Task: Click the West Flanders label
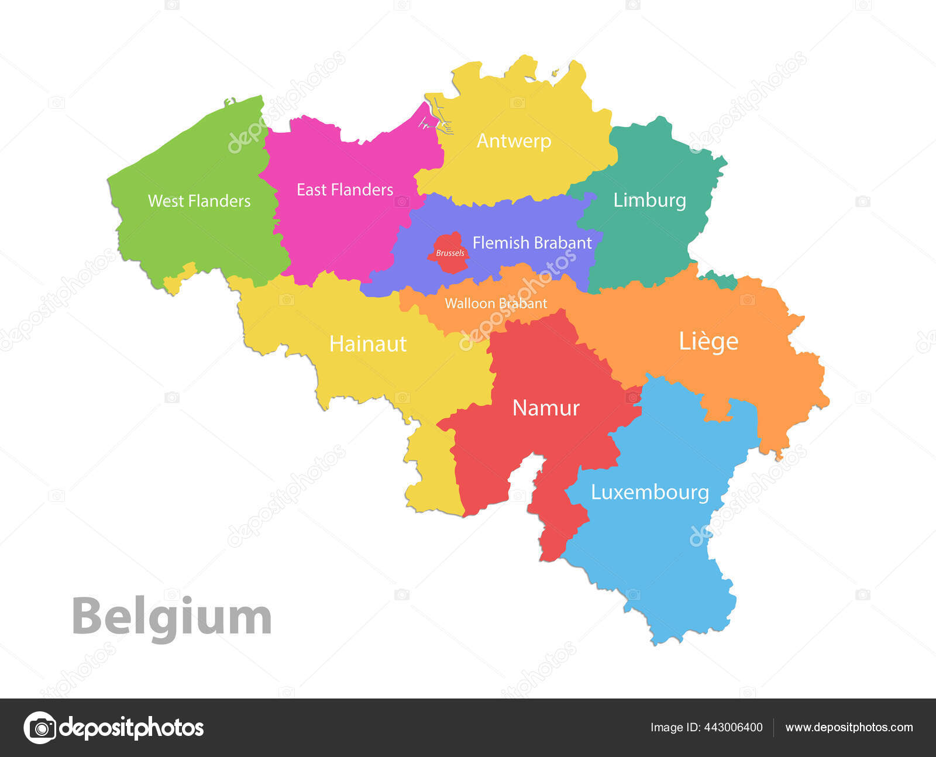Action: pos(199,201)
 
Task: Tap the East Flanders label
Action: pos(345,190)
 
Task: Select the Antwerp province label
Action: pos(514,141)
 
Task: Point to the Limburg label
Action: pos(649,200)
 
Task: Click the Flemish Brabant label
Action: pos(532,243)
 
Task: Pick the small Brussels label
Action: pos(450,253)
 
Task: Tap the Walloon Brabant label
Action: pos(495,303)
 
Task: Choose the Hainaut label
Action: pos(367,343)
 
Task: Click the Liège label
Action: pos(708,341)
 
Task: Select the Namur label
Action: pos(545,408)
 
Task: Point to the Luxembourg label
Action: pos(649,492)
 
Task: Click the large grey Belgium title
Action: pos(171,617)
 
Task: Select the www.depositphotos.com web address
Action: pos(849,727)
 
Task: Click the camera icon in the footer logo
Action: pos(40,728)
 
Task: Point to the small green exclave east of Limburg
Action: pos(721,279)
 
